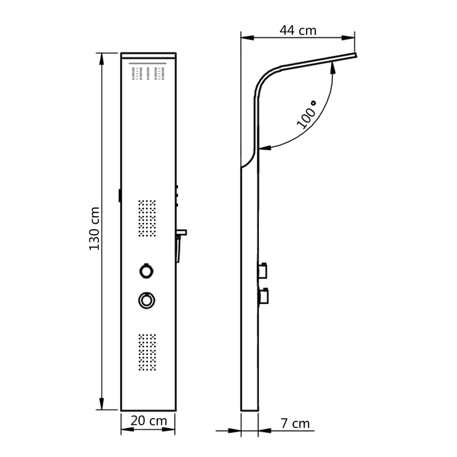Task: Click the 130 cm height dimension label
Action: click(x=94, y=228)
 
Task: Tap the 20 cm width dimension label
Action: click(x=149, y=421)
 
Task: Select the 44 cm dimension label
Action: click(x=298, y=30)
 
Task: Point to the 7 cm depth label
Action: click(x=295, y=423)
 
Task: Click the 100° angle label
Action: click(x=307, y=115)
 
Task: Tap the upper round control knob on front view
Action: click(x=146, y=270)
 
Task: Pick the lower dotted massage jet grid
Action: click(x=147, y=352)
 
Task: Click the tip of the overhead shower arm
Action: click(x=356, y=56)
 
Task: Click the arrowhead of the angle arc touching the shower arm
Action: click(x=332, y=66)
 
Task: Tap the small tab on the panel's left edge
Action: click(x=120, y=195)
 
